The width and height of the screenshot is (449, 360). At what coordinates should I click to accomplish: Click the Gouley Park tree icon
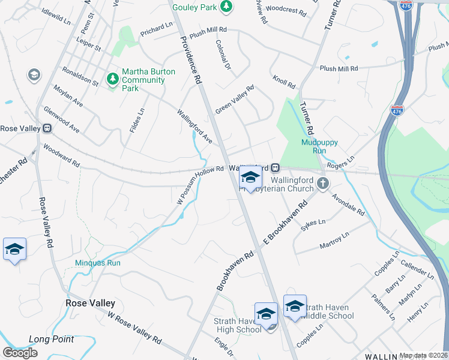click(226, 7)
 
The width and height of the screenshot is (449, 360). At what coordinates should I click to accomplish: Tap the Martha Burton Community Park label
click(148, 80)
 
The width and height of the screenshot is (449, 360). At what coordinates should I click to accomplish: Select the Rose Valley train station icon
click(46, 128)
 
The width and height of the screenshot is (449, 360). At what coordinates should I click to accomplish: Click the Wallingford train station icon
click(275, 167)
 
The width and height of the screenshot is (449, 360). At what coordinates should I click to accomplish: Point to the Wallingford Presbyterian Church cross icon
click(323, 183)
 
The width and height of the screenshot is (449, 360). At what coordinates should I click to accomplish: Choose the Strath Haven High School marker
click(266, 314)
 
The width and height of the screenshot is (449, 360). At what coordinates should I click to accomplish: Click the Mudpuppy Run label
click(319, 146)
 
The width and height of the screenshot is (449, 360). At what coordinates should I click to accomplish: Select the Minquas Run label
click(98, 263)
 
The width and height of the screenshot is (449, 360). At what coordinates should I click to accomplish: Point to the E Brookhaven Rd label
click(285, 222)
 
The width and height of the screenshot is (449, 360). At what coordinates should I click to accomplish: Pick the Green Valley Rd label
click(235, 100)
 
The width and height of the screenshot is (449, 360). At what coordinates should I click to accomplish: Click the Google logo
click(20, 352)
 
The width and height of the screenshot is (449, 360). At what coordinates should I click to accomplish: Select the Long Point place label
click(51, 339)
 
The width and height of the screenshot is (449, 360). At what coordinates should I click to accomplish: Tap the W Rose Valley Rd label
click(135, 328)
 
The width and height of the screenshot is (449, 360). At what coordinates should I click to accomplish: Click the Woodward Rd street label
click(61, 155)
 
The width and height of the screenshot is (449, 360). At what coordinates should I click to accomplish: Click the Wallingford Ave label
click(194, 125)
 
